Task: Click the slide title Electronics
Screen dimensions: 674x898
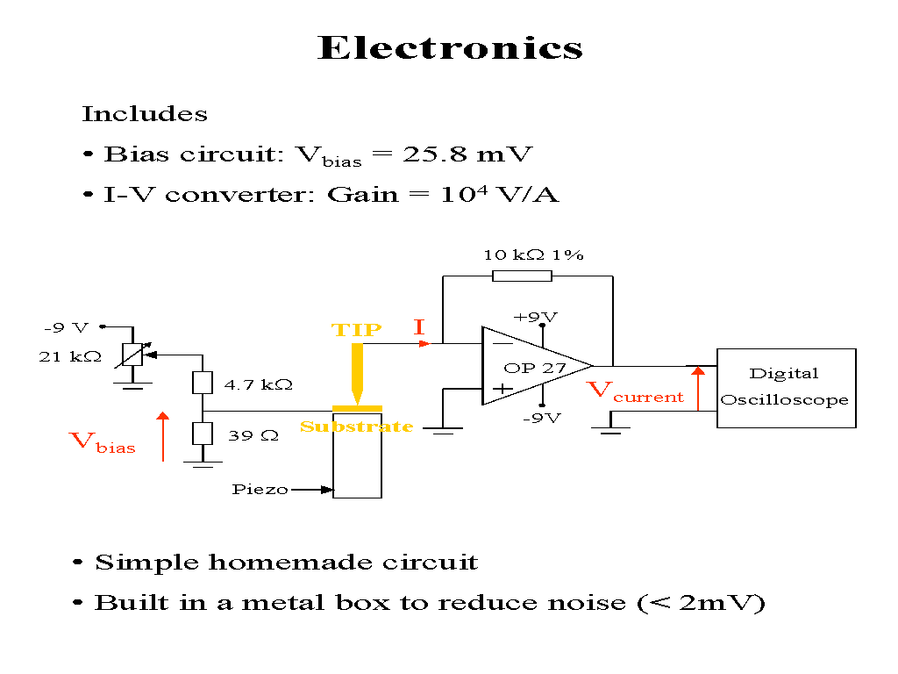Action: (x=450, y=47)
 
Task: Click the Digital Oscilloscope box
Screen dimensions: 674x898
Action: (x=786, y=388)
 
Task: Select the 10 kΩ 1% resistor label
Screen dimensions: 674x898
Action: (x=533, y=255)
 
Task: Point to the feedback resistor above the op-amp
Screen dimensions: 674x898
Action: (x=522, y=276)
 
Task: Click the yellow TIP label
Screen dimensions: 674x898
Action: (x=356, y=331)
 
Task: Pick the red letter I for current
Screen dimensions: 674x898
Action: (x=419, y=328)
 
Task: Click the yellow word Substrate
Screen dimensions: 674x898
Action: (x=356, y=427)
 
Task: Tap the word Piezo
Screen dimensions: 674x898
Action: (x=260, y=490)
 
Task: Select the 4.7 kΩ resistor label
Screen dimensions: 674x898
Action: (x=258, y=384)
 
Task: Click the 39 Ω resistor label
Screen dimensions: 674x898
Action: (x=253, y=434)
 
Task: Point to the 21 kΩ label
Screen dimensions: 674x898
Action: (x=70, y=357)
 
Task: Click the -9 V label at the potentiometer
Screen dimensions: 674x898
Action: (x=67, y=328)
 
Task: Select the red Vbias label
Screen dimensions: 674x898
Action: (x=102, y=441)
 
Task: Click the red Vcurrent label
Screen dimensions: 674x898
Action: (x=634, y=391)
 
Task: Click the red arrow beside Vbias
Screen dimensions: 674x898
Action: (x=163, y=436)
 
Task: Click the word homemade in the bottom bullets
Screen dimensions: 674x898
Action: (x=286, y=563)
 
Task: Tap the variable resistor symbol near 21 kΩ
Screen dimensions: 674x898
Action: (x=131, y=355)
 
